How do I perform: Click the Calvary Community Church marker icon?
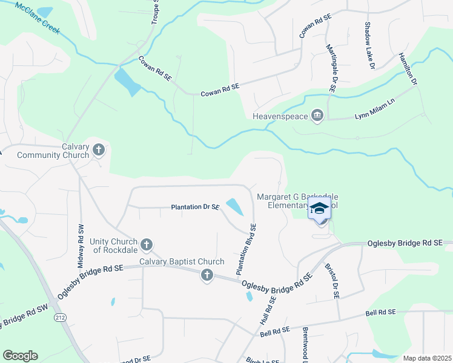99,149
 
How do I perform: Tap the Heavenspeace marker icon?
317,115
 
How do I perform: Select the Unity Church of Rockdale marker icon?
146,245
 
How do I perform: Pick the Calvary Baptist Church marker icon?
207,276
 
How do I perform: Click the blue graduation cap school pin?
319,209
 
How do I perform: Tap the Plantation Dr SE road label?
195,207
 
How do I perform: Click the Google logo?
20,356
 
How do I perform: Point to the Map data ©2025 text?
426,358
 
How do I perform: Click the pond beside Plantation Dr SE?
235,207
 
